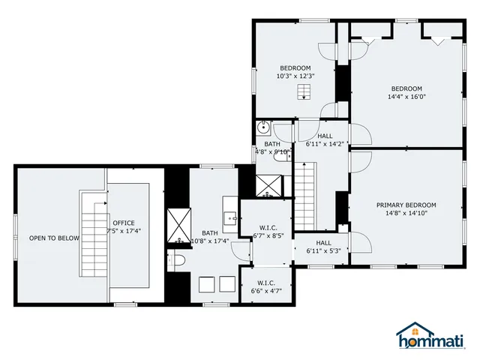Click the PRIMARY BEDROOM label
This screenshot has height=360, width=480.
point(406,205)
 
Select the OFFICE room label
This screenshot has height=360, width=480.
point(123,223)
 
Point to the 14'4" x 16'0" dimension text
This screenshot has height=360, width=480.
point(406,96)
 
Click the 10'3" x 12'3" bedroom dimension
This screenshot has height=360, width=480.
point(295,76)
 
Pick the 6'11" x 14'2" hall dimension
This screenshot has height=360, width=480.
point(325,144)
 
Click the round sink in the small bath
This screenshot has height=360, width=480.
point(263,128)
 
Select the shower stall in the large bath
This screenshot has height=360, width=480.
point(179,224)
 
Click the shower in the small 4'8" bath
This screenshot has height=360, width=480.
point(267,185)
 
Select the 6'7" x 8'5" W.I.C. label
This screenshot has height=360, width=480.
point(268,232)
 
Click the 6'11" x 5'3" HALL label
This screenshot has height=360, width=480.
point(323,247)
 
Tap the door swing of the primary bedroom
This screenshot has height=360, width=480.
point(358,242)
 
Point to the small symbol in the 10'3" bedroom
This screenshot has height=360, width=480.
point(303,92)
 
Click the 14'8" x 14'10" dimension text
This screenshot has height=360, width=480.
point(406,214)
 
